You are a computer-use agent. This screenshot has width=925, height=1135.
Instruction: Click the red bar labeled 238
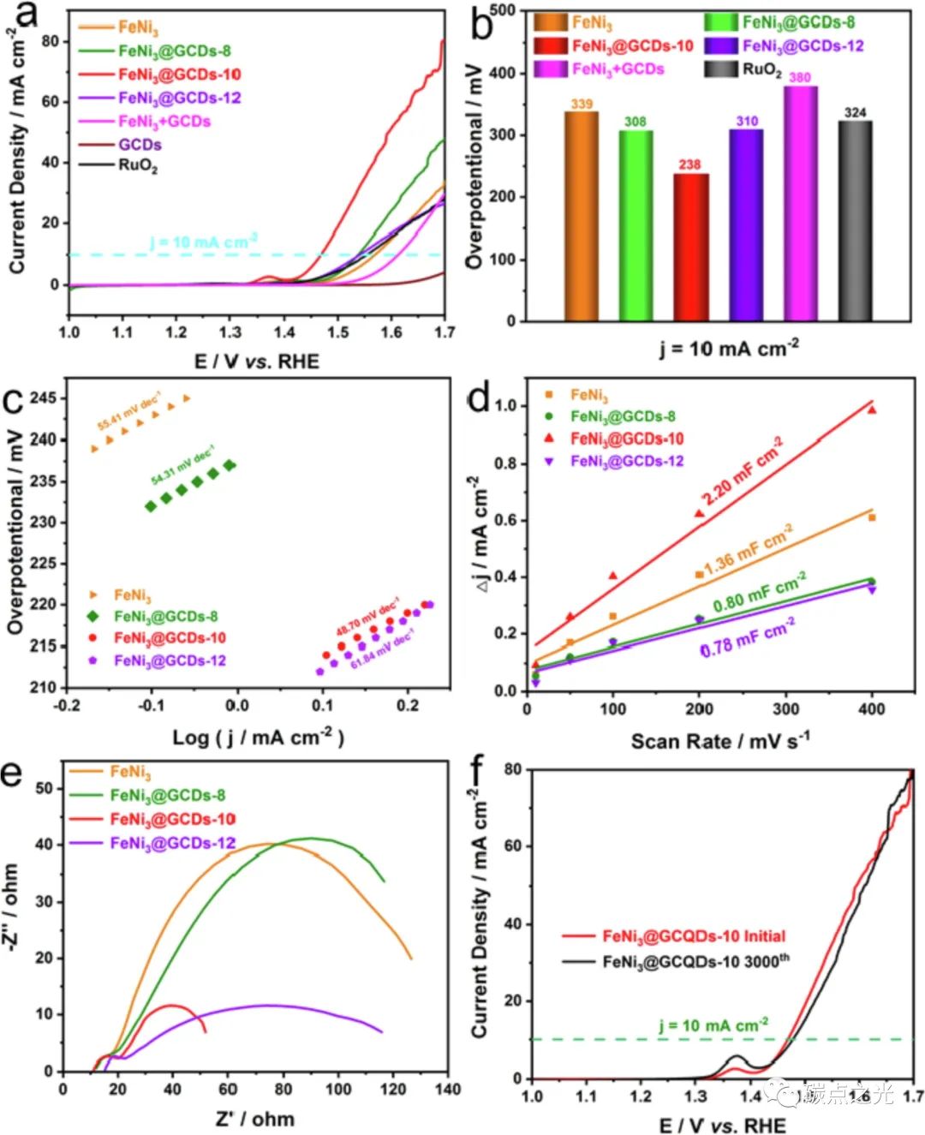click(690, 247)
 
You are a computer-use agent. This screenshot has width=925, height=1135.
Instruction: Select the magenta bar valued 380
click(801, 204)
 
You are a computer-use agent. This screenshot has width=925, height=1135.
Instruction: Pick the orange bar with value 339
click(582, 216)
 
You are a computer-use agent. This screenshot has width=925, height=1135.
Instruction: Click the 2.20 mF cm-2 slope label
click(742, 472)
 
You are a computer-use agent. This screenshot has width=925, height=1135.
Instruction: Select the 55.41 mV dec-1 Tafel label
click(128, 411)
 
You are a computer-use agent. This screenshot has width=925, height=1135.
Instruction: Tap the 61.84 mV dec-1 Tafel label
click(382, 649)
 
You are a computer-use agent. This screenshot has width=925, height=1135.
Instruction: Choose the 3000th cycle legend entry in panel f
click(695, 961)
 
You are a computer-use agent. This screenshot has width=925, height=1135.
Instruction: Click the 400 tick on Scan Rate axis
click(872, 709)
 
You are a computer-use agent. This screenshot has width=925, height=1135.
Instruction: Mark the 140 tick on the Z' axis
click(448, 1089)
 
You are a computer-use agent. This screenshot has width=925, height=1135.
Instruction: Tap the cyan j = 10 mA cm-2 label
click(203, 242)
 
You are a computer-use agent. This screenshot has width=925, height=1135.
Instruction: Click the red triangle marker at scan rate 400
click(872, 409)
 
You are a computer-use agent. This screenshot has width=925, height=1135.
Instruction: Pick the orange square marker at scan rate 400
click(872, 517)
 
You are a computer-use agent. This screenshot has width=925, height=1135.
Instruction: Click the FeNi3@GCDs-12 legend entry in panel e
click(172, 844)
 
